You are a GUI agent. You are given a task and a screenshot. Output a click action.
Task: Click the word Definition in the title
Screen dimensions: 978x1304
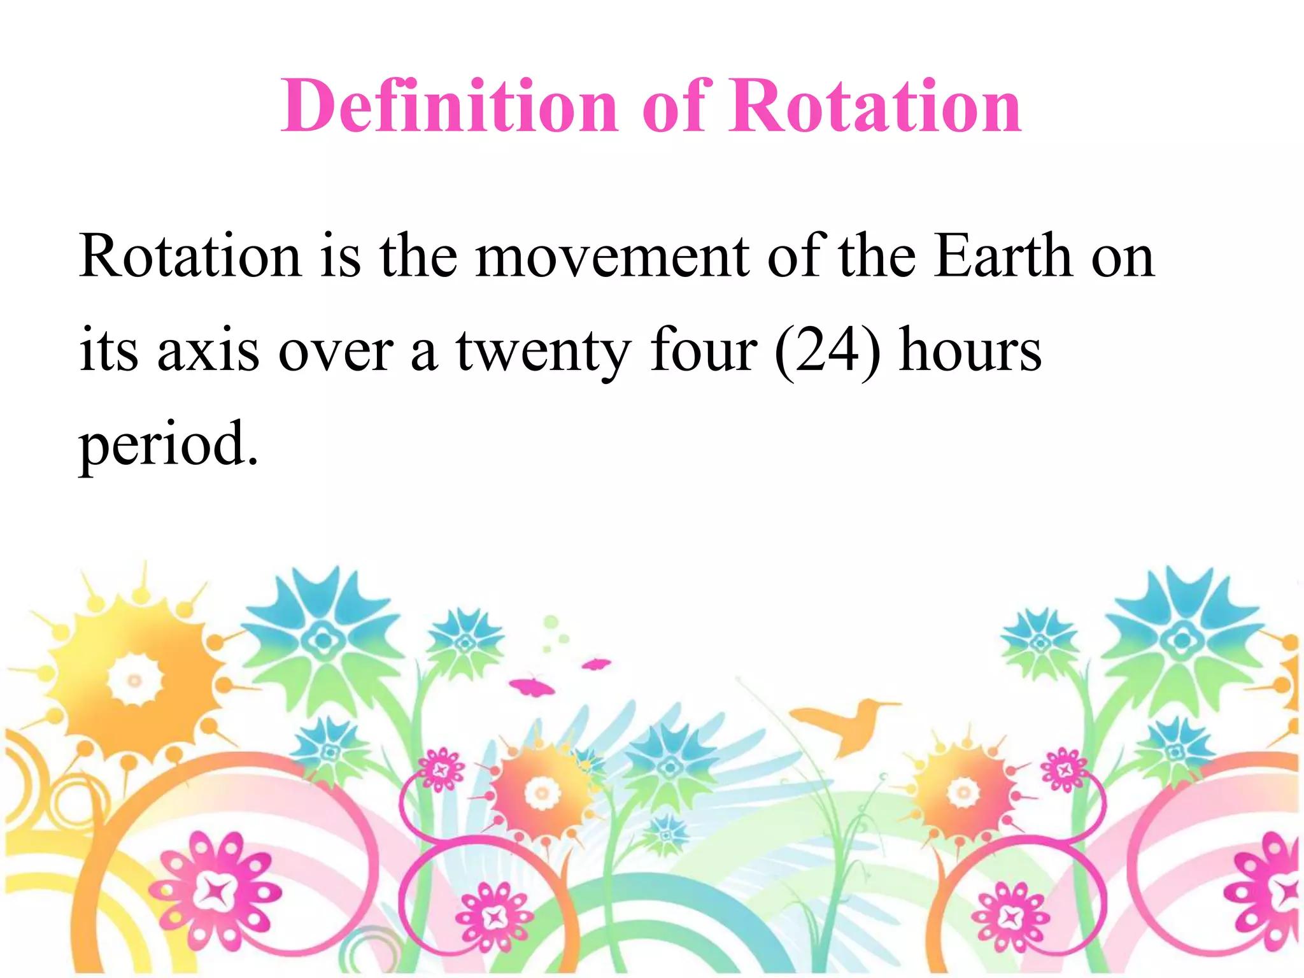450,106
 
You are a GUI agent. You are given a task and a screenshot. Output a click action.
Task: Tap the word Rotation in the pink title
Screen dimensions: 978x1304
875,106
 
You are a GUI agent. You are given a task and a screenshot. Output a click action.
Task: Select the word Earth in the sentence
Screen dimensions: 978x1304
1003,256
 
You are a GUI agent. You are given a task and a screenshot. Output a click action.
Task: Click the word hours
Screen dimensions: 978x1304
970,350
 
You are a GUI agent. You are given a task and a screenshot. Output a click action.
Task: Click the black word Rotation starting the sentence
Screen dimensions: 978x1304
190,256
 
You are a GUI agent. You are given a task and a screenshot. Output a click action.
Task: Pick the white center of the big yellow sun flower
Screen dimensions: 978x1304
134,680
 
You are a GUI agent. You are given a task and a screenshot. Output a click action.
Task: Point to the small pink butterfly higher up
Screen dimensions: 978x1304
596,665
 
